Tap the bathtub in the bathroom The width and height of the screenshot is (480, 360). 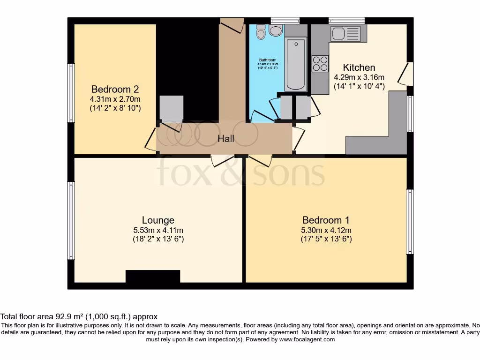(295, 65)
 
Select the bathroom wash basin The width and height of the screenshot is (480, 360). (276, 31)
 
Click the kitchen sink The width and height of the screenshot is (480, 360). (345, 33)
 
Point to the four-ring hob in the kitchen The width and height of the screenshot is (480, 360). (320, 63)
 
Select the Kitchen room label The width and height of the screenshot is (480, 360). (359, 67)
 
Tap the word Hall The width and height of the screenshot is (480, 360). (225, 139)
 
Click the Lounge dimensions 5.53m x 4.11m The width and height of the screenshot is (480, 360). (158, 230)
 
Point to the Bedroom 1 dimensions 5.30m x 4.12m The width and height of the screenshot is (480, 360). (326, 230)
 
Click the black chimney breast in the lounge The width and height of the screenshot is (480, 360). (153, 277)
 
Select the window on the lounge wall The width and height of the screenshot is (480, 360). (71, 220)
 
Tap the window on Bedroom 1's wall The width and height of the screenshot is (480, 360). (409, 221)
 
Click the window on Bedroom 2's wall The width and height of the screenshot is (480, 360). (71, 93)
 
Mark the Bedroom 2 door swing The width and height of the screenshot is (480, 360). (151, 139)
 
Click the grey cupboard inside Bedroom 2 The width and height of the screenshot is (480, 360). (171, 109)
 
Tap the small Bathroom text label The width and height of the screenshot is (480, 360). (267, 60)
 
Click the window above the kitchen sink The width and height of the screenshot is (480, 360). (346, 20)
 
